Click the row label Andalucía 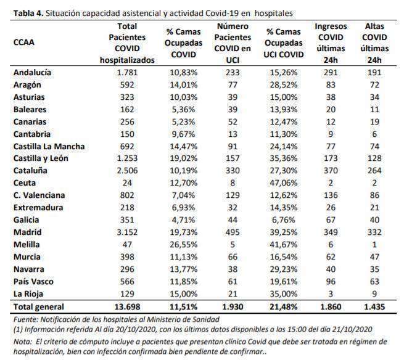point(32,73)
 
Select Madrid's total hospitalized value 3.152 point(127,232)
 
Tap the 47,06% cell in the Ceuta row point(284,183)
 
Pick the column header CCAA point(23,43)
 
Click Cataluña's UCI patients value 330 point(233,171)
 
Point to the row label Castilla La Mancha point(49,147)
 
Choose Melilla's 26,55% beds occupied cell point(183,245)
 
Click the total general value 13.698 point(127,307)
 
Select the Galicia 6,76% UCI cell point(284,220)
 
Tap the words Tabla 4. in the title point(28,14)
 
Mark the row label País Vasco point(33,282)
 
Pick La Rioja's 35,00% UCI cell point(284,294)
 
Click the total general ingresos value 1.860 point(331,307)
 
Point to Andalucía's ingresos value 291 point(331,73)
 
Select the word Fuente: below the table point(26,319)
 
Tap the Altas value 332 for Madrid point(374,232)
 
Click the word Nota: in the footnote point(23,342)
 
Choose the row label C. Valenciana point(39,195)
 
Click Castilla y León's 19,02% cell point(183,158)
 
